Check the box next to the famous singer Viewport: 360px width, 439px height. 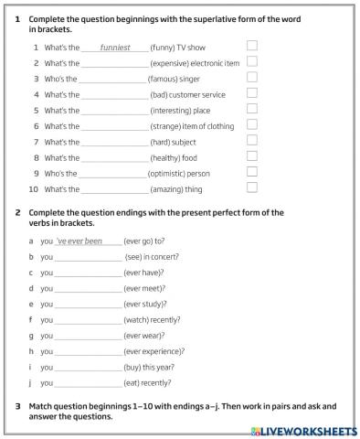coord(252,78)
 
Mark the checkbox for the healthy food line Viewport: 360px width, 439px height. coord(252,156)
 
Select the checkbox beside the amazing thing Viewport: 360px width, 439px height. coord(252,188)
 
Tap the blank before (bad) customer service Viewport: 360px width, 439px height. coord(114,94)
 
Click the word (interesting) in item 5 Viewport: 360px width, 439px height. coord(172,110)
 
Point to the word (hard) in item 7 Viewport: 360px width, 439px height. coord(161,142)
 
